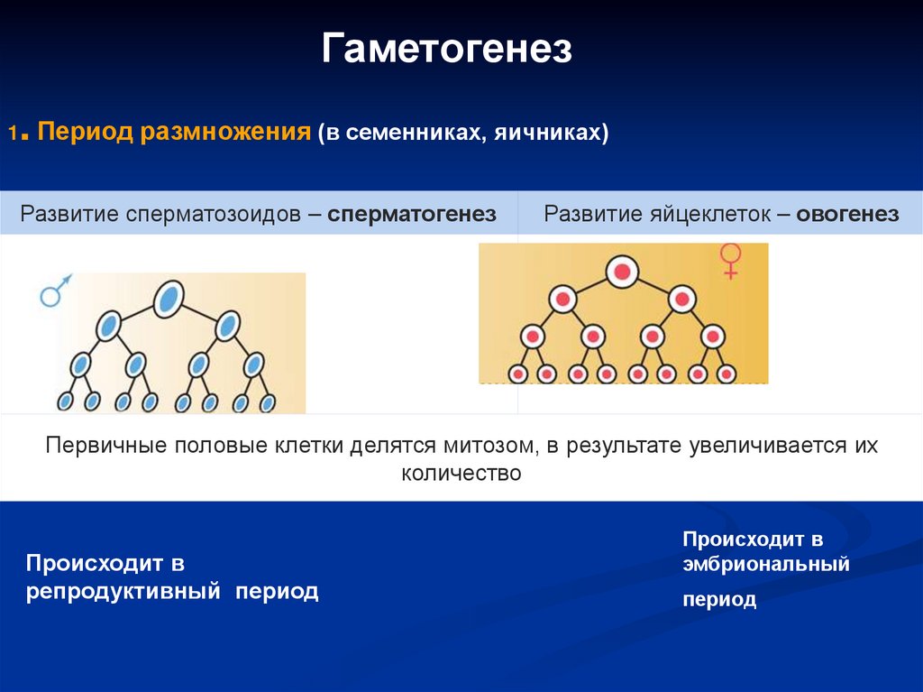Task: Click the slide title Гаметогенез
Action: (447, 49)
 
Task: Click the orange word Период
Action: (85, 131)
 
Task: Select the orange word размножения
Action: (225, 132)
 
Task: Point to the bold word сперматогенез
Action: (411, 214)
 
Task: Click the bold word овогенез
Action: (847, 214)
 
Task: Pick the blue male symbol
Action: (55, 290)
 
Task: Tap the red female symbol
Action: (730, 261)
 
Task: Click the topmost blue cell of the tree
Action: (169, 299)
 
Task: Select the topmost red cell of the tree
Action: (622, 272)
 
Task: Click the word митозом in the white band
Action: (489, 445)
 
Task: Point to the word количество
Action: (461, 473)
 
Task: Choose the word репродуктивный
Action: (123, 591)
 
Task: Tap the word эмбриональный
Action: (766, 564)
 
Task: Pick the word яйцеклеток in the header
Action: (710, 214)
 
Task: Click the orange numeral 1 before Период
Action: (13, 134)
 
